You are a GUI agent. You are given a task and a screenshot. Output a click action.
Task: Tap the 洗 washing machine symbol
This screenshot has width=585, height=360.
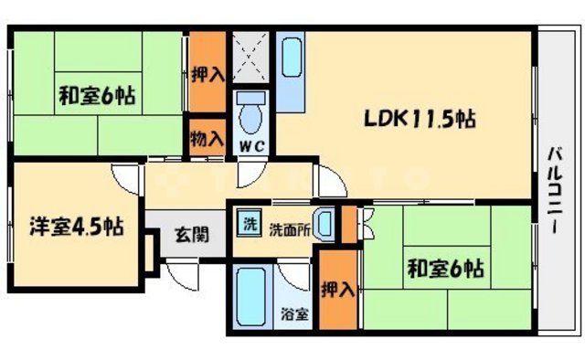pyautogui.click(x=249, y=223)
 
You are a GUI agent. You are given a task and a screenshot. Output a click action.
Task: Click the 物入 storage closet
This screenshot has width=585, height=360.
pyautogui.click(x=207, y=140)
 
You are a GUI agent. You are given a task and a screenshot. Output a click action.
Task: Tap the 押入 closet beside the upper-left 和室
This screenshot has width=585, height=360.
pyautogui.click(x=207, y=72)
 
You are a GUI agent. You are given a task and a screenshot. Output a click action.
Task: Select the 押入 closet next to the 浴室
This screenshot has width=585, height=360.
pyautogui.click(x=337, y=292)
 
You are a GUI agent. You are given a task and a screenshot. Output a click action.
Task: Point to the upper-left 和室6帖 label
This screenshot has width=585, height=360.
pyautogui.click(x=98, y=94)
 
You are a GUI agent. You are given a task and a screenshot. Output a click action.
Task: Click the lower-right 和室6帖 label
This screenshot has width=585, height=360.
pyautogui.click(x=446, y=270)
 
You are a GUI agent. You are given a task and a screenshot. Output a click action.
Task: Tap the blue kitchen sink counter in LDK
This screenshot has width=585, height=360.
pyautogui.click(x=292, y=58)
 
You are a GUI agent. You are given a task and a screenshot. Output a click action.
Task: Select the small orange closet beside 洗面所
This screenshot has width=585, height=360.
pyautogui.click(x=348, y=224)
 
